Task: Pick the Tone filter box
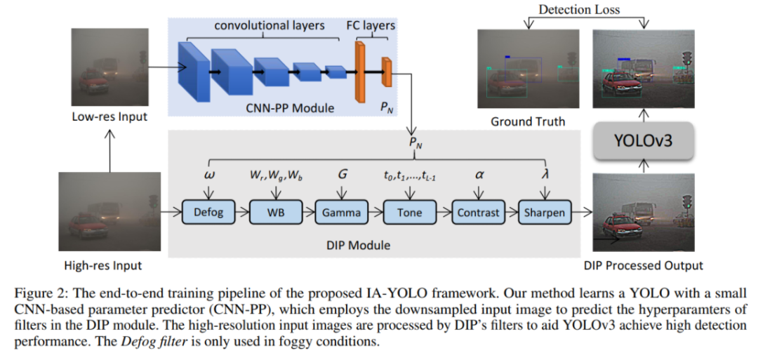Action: [x=408, y=213]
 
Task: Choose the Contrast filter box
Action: [x=478, y=213]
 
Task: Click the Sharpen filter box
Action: [x=544, y=213]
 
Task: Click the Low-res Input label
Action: [x=109, y=116]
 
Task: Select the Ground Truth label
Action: [x=528, y=121]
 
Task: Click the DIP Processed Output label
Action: [x=643, y=265]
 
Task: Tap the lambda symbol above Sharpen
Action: [x=545, y=173]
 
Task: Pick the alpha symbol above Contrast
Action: [x=479, y=173]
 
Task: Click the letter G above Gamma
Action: [x=343, y=173]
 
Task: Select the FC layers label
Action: [x=371, y=26]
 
